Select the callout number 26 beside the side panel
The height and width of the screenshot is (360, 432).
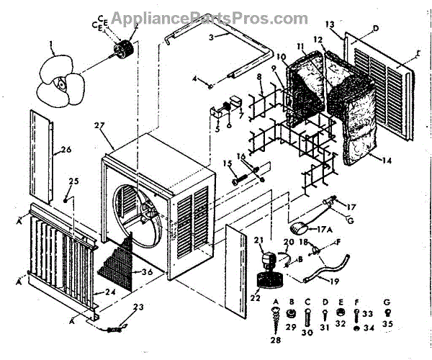point(64,150)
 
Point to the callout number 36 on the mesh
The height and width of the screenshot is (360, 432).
point(146,271)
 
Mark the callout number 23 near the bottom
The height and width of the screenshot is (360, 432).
point(139,307)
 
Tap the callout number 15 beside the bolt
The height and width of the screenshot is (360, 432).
point(228,164)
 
